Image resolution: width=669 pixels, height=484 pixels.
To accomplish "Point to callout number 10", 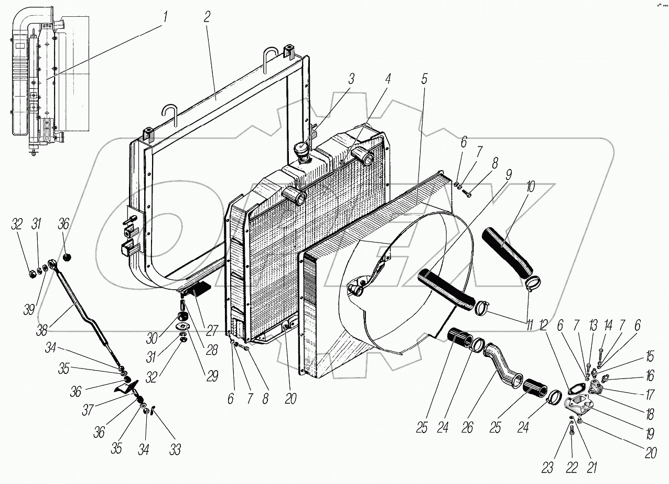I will point(531,186).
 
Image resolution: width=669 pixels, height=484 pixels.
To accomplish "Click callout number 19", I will point(650,434).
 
